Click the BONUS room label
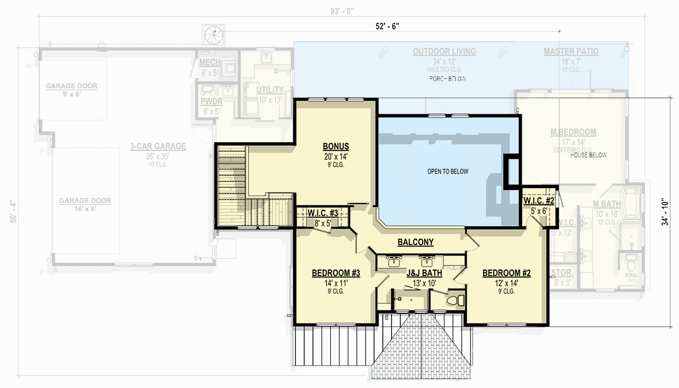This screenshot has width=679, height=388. click(336, 146)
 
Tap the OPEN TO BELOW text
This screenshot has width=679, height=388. click(447, 172)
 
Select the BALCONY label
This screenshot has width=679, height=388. click(415, 242)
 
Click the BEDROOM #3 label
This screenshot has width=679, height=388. click(335, 274)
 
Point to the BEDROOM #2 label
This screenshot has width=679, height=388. click(506, 274)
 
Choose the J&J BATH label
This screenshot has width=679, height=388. click(424, 274)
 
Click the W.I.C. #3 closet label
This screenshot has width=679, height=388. click(322, 213)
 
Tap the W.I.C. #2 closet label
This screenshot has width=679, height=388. click(538, 201)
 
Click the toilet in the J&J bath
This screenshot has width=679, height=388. click(454, 300)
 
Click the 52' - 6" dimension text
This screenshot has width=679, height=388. click(387, 27)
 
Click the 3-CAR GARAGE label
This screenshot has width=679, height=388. click(158, 146)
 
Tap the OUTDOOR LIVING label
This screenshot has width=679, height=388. click(444, 51)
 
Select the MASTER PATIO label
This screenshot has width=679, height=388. click(570, 51)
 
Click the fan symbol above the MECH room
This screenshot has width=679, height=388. click(213, 35)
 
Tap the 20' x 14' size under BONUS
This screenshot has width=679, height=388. click(336, 157)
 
